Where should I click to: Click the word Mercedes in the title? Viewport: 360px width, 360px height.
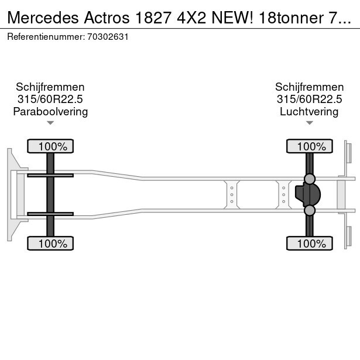click(x=43, y=18)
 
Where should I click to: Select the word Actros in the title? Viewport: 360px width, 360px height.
click(x=107, y=18)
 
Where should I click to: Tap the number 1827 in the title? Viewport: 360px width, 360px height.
click(x=153, y=18)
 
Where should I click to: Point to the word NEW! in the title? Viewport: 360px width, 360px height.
click(x=232, y=18)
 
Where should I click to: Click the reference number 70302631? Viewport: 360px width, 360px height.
click(x=108, y=37)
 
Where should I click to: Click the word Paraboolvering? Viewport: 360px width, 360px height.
click(x=50, y=112)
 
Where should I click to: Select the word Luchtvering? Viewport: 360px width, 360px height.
click(x=309, y=112)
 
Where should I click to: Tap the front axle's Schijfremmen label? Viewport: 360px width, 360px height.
click(x=50, y=87)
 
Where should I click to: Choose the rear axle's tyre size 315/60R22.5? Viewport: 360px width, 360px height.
click(x=309, y=100)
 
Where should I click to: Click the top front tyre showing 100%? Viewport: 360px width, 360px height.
click(x=50, y=146)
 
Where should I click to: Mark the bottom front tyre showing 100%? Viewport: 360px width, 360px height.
click(x=50, y=244)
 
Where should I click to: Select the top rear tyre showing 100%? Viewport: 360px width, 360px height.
click(x=310, y=146)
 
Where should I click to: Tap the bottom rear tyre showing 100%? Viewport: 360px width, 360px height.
click(x=310, y=244)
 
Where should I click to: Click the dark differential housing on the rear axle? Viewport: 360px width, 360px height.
click(x=308, y=195)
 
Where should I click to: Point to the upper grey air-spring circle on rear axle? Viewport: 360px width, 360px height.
click(x=310, y=179)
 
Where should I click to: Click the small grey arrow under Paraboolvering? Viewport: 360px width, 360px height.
click(x=50, y=123)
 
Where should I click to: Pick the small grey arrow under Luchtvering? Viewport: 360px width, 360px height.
click(x=310, y=123)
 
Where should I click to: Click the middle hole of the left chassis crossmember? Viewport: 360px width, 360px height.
click(x=232, y=195)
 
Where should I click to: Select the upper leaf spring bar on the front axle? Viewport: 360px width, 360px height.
click(x=50, y=176)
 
